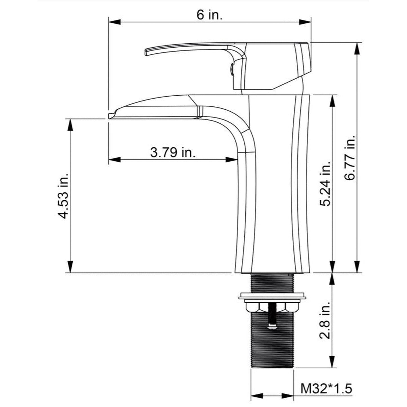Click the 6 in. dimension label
[x=210, y=15]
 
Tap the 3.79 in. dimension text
[x=173, y=152]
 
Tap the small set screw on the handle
[x=232, y=69]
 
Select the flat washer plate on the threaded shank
[x=272, y=296]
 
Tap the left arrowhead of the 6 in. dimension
[x=114, y=22]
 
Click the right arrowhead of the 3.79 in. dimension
[x=232, y=160]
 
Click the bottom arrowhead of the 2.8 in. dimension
[x=333, y=362]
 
